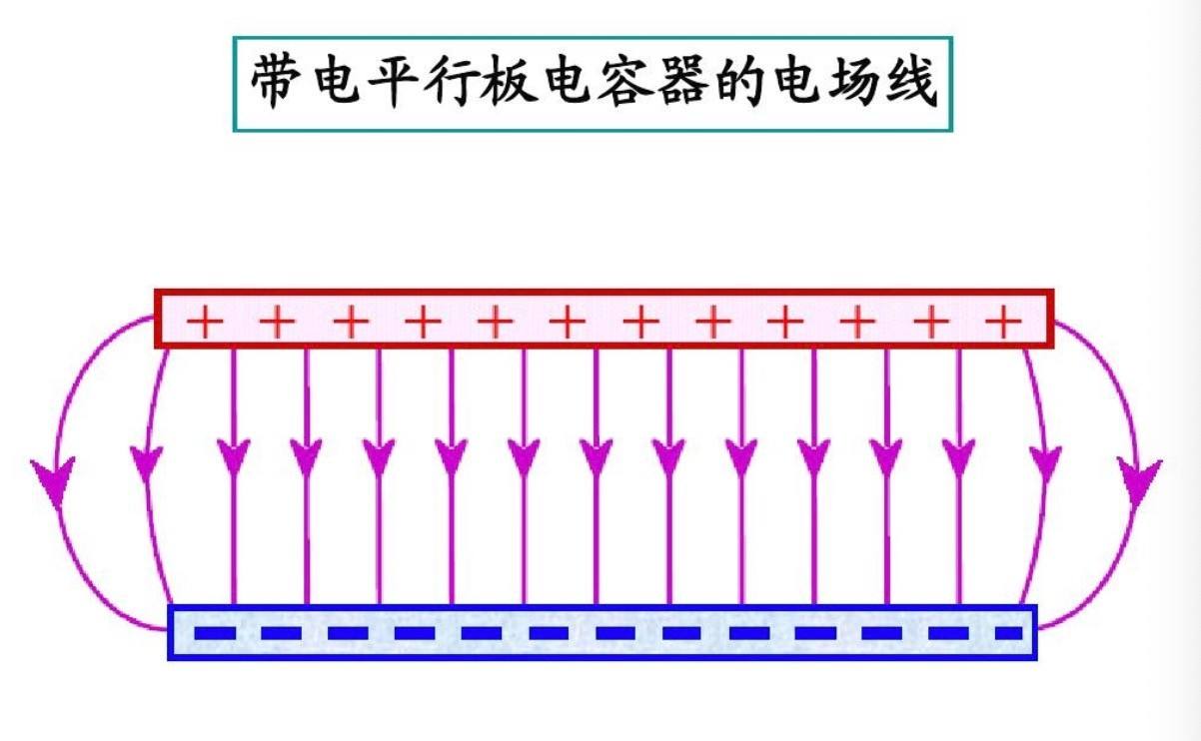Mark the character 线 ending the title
(x=909, y=84)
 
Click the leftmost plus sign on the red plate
(x=205, y=322)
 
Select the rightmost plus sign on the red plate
(x=1003, y=322)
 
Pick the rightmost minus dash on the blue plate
(x=1009, y=633)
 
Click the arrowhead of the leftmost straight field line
(x=233, y=456)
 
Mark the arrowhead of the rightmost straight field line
(x=959, y=456)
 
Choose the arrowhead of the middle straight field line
(x=597, y=456)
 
